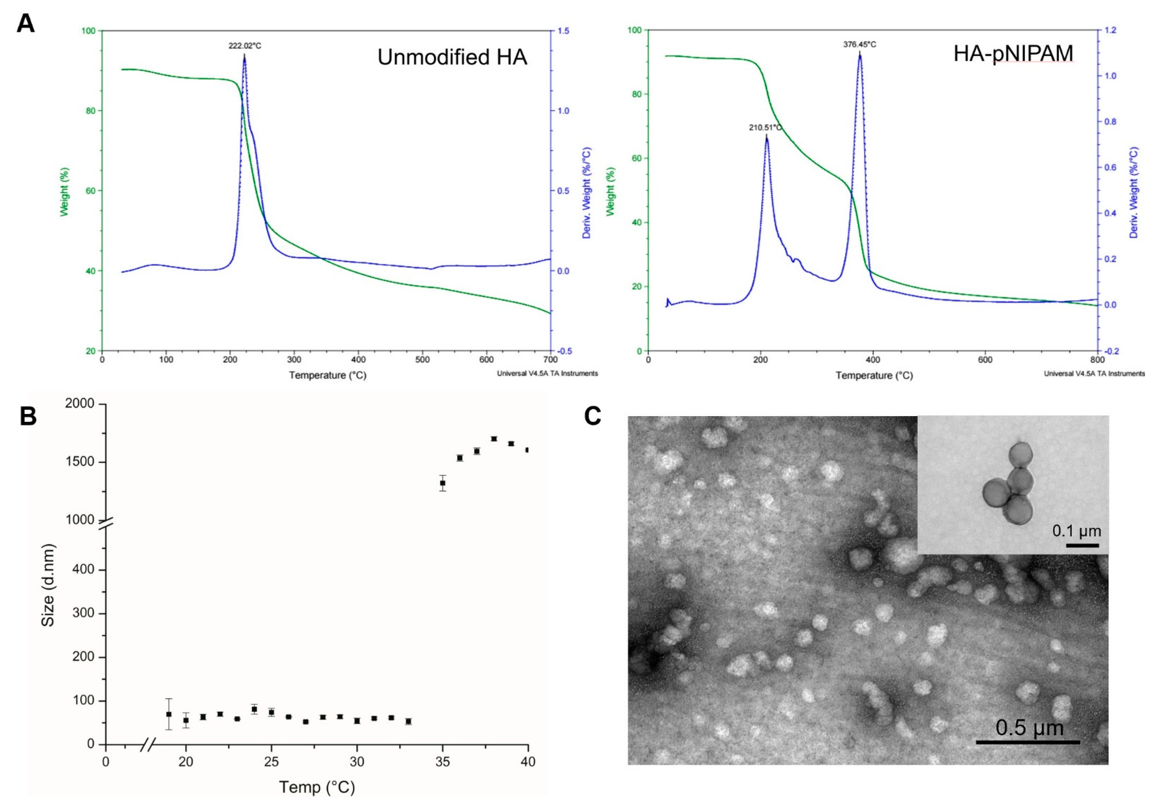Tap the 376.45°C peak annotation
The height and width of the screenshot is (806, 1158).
pyautogui.click(x=859, y=44)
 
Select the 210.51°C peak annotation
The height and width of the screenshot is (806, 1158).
pyautogui.click(x=765, y=127)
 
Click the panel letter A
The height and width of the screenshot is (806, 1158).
pyautogui.click(x=26, y=23)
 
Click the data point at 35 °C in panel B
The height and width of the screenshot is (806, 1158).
pyautogui.click(x=442, y=483)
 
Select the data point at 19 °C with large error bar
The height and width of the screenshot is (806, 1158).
pyautogui.click(x=169, y=714)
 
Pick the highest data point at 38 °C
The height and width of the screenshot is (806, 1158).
pyautogui.click(x=494, y=439)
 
